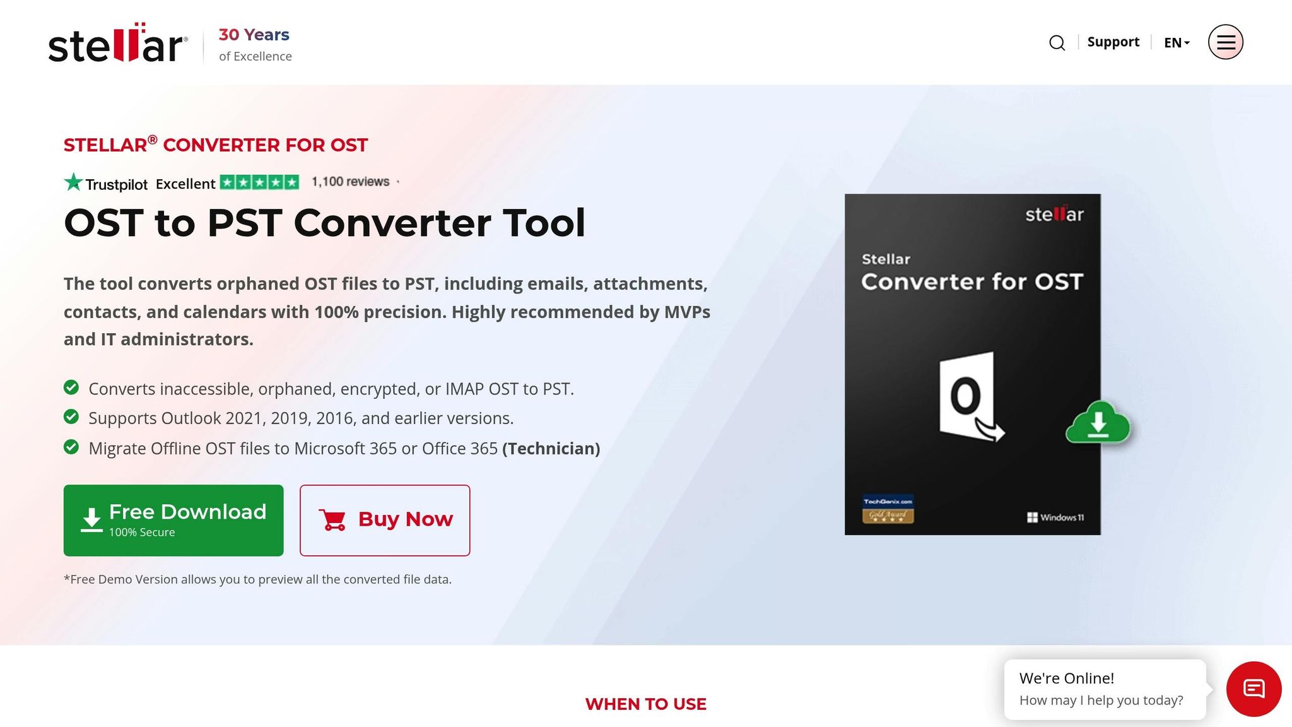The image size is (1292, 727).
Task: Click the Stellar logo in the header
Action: tap(118, 44)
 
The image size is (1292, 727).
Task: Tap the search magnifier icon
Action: tap(1057, 43)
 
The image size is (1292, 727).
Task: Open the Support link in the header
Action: tap(1113, 42)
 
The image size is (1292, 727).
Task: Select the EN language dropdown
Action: tap(1176, 43)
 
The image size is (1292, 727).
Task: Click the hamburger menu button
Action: tap(1225, 42)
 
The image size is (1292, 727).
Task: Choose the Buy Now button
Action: tap(385, 520)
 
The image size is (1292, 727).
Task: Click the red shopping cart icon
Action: tap(332, 520)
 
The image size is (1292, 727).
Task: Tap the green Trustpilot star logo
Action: tap(74, 182)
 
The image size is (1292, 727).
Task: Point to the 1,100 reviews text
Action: tap(351, 182)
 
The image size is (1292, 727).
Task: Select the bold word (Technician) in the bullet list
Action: tap(551, 449)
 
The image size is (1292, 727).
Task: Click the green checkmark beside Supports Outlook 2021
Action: tap(71, 417)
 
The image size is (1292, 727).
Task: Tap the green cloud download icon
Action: tap(1098, 423)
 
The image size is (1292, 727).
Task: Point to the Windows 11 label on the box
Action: tap(1055, 517)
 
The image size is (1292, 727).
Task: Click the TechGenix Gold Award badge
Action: tap(888, 509)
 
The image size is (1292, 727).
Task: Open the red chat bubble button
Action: tap(1254, 689)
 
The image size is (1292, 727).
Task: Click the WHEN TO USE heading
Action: tap(645, 704)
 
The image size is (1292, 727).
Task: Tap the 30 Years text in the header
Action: tap(254, 35)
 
